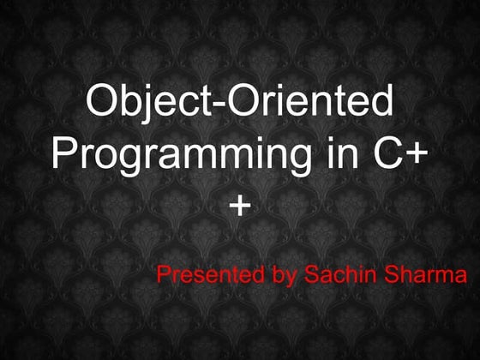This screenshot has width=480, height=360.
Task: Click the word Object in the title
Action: coord(142,104)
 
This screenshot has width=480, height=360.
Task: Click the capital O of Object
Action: coord(103,104)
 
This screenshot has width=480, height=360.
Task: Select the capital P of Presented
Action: coord(164,276)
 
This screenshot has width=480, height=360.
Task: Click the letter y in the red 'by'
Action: coord(287,279)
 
